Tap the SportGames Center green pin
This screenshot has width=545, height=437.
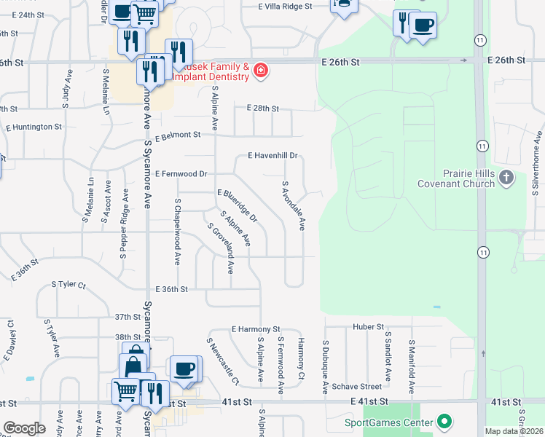coord(444,422)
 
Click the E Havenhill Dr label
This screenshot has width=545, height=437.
coord(273,156)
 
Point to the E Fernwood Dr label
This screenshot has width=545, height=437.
coord(181,174)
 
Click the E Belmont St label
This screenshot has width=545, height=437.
coord(177,135)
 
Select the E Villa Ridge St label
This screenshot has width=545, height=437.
coord(285,6)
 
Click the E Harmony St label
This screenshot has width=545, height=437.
coord(256,330)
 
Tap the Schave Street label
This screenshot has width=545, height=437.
coord(356,387)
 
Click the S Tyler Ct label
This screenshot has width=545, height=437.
coord(68,285)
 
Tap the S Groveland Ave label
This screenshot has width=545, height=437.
coord(220,248)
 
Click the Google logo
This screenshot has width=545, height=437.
coord(24,428)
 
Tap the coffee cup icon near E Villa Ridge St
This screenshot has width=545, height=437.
coord(423,25)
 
